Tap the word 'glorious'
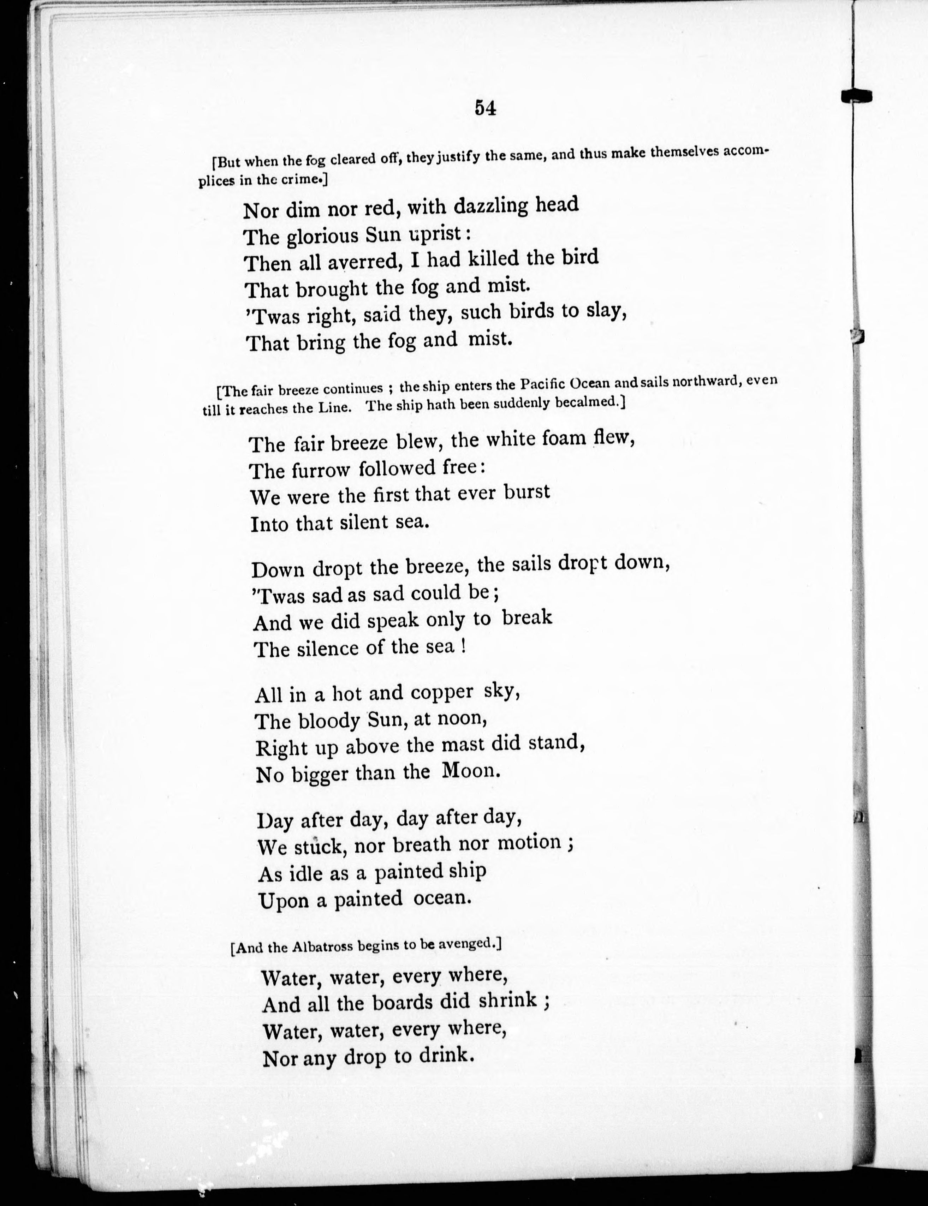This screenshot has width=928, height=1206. click(324, 236)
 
